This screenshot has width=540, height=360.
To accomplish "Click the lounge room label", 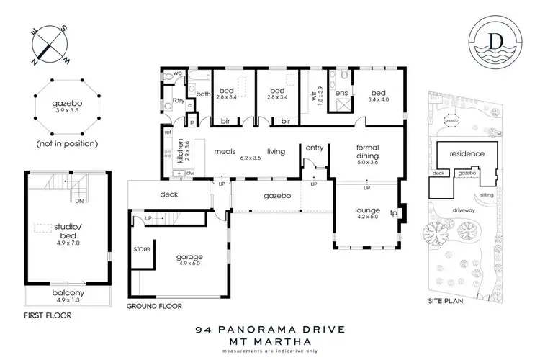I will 366,211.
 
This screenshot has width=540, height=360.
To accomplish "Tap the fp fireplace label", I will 394,213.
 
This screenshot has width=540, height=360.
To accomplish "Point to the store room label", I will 141,250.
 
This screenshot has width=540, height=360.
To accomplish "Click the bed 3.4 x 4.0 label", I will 379,96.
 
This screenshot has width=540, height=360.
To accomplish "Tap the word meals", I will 225,151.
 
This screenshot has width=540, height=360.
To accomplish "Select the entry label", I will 315,148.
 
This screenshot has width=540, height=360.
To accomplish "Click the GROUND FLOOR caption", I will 154,305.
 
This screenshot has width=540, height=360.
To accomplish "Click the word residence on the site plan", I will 468,154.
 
